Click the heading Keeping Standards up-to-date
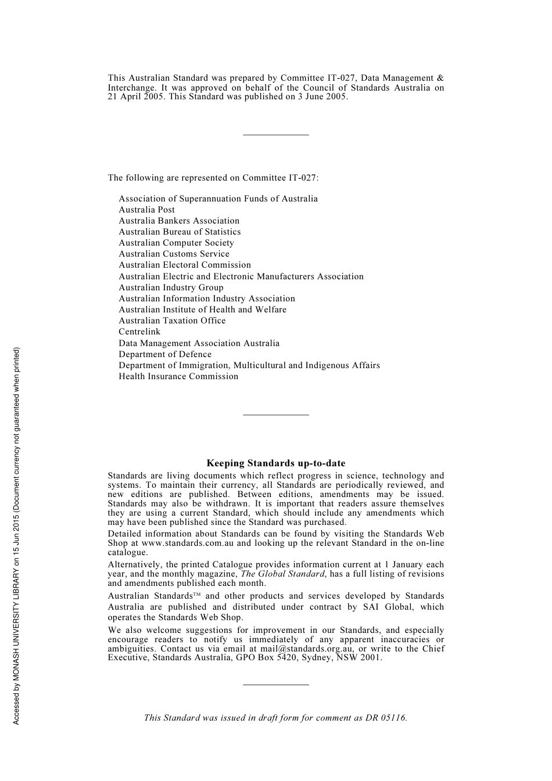coord(275,463)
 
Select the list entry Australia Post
coord(146,210)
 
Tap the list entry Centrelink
coord(139,332)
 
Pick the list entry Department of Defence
coord(165,354)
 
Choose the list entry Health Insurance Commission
coord(178,376)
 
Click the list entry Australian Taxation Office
coord(172,321)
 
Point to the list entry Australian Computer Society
coord(176,243)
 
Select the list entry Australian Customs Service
coord(174,254)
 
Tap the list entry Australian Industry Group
coord(171,287)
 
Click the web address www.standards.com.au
coord(188,544)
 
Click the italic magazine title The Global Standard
coord(282,574)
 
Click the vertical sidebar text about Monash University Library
coord(17,535)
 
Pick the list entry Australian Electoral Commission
coord(185,265)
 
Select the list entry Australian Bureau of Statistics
coord(180,232)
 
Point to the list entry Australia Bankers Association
coord(179,221)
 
